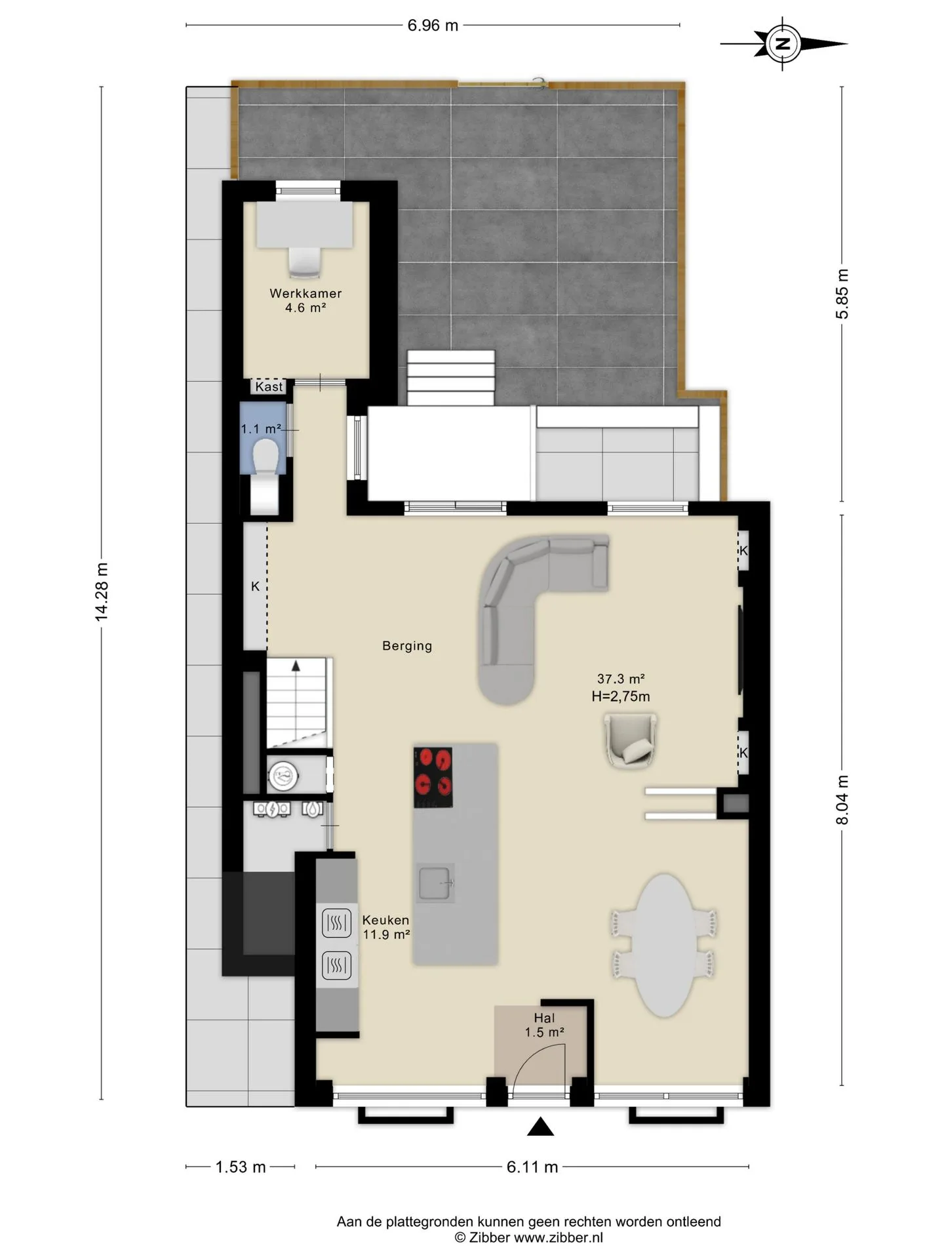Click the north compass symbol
(x=783, y=44)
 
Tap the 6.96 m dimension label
(x=433, y=26)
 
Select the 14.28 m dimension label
(x=101, y=591)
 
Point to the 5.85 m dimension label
(x=842, y=294)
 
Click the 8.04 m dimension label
(x=842, y=800)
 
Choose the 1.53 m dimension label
(x=241, y=1167)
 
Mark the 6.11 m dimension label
(x=532, y=1167)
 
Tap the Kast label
(x=269, y=387)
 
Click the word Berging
(x=407, y=646)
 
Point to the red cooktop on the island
(x=433, y=778)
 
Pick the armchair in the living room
(x=631, y=740)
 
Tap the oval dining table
(x=665, y=945)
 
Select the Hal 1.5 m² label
(x=544, y=1025)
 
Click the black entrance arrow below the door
(x=540, y=1127)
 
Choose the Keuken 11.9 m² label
(x=386, y=927)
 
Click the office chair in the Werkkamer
(x=305, y=262)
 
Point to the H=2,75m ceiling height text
(x=621, y=696)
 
